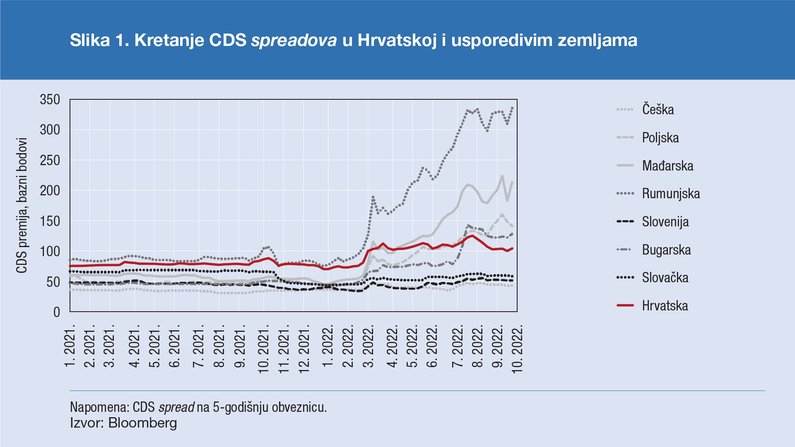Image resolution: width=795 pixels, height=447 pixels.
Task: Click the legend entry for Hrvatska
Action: click(x=665, y=306)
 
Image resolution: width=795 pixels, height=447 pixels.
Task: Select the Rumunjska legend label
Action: click(x=671, y=194)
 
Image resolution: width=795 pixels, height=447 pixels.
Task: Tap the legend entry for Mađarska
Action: click(x=667, y=166)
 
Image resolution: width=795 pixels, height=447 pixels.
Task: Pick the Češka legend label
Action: click(x=658, y=110)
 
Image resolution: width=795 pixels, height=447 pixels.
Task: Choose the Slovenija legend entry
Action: click(x=665, y=222)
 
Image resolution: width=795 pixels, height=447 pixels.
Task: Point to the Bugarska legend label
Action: click(x=666, y=250)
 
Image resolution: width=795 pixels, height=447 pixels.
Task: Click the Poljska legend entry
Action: click(x=660, y=138)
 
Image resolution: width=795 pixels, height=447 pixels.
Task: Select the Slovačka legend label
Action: click(x=665, y=278)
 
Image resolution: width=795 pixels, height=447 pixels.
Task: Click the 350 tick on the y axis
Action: click(x=50, y=100)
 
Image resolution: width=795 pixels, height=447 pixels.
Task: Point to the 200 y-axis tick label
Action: click(x=50, y=191)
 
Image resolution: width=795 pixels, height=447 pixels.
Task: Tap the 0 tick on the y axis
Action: click(x=57, y=312)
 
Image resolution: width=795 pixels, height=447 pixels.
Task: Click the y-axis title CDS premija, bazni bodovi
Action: click(x=22, y=206)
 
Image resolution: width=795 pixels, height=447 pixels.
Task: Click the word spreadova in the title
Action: click(x=294, y=40)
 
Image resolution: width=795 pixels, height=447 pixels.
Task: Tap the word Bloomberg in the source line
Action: click(x=142, y=423)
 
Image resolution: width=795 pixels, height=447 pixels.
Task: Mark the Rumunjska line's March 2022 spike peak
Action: click(x=373, y=197)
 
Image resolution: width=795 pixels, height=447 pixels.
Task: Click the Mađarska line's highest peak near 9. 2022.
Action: click(x=502, y=176)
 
